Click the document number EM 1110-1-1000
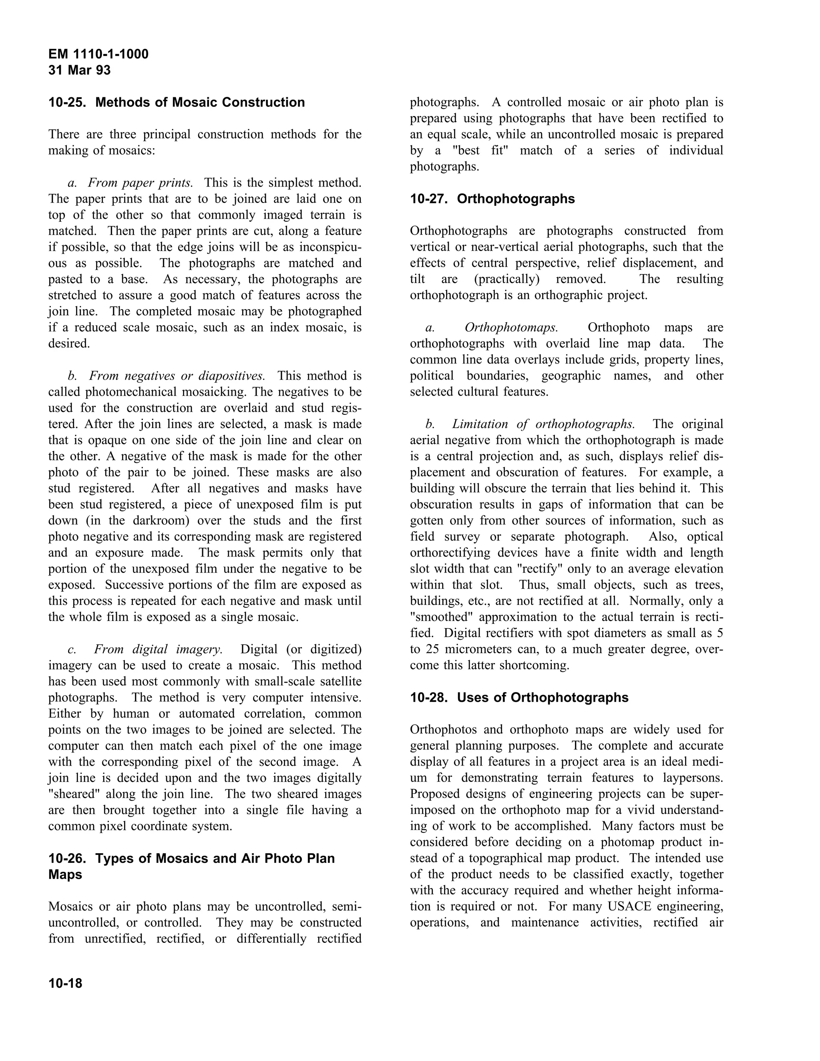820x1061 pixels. tap(98, 54)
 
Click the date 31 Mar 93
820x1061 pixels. tap(80, 70)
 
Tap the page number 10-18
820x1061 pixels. tap(66, 984)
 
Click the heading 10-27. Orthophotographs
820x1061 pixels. tap(492, 199)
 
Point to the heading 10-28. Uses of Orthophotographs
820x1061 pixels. tap(519, 697)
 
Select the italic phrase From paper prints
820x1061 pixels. tap(140, 183)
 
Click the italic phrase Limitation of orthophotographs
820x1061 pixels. tap(543, 424)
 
